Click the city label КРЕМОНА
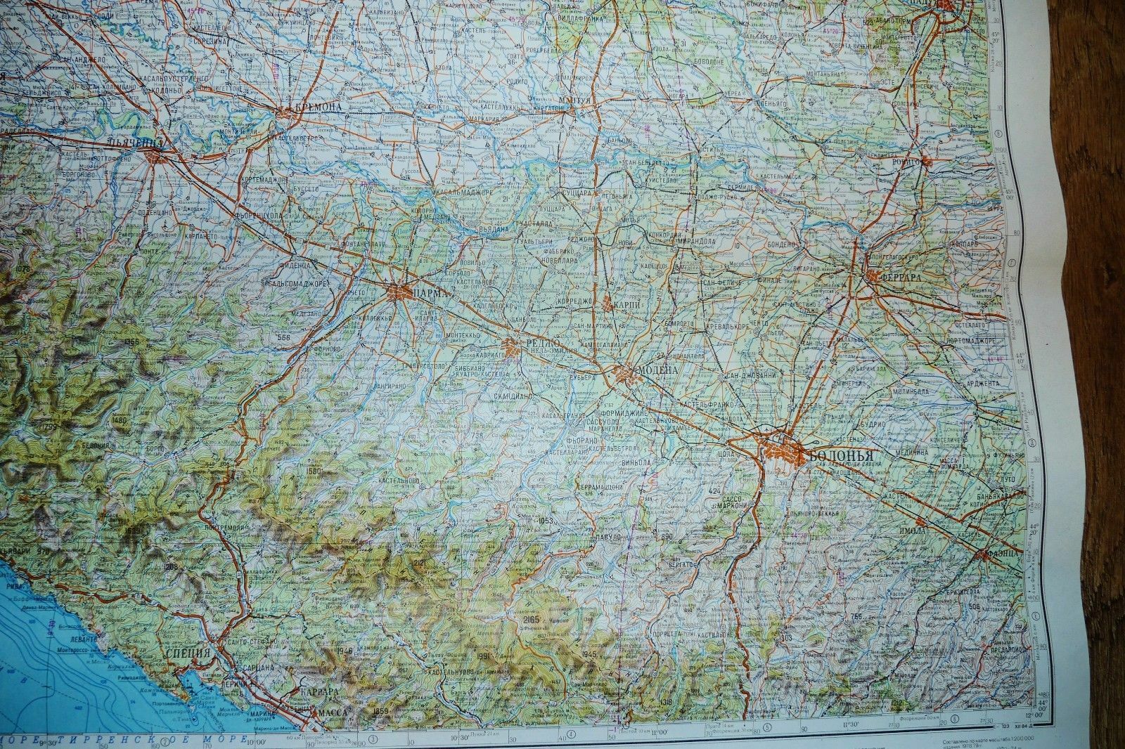pyautogui.click(x=319, y=108)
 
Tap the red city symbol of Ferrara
pyautogui.click(x=872, y=276)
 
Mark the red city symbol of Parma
pyautogui.click(x=397, y=292)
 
